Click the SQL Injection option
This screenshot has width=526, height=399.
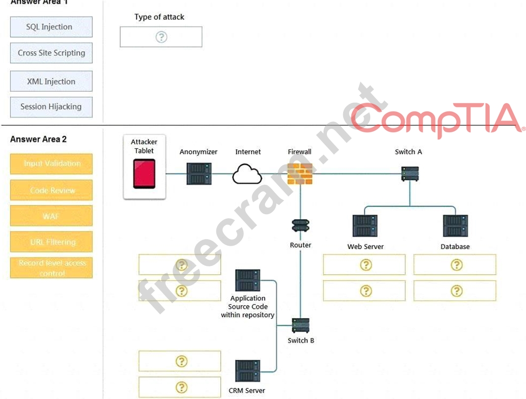tap(51, 27)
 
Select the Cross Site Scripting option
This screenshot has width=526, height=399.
tap(51, 53)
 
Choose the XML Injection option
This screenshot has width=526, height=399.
tap(51, 81)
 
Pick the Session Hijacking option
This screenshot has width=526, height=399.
tap(51, 107)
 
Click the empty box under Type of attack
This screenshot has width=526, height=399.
tap(161, 37)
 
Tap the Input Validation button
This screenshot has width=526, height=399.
tap(51, 164)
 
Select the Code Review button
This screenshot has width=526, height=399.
tap(51, 190)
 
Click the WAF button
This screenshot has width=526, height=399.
tap(51, 216)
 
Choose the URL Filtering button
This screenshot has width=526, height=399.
tap(51, 242)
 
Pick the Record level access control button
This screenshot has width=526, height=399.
tap(51, 268)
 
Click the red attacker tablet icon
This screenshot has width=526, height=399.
tap(144, 173)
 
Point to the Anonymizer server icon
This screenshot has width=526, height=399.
tap(199, 173)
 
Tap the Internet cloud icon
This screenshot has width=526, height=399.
tap(247, 174)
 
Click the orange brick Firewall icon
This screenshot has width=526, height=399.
tap(300, 173)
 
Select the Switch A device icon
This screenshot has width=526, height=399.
tap(410, 173)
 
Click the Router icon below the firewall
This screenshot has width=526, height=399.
tap(300, 227)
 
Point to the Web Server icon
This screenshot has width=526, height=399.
tap(365, 226)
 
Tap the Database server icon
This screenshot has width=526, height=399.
tap(455, 226)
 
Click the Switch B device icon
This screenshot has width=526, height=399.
tap(300, 325)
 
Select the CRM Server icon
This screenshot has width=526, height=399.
tap(247, 372)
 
